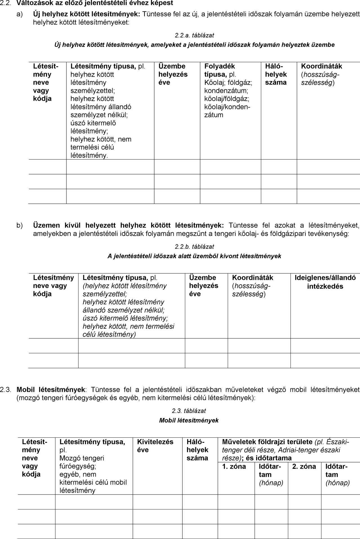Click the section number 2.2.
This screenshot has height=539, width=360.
[x=6, y=3]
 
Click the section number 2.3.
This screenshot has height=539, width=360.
[x=6, y=390]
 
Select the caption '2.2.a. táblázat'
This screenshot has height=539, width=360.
[x=194, y=35]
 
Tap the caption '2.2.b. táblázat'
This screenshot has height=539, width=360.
[x=194, y=247]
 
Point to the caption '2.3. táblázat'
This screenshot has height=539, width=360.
[x=189, y=411]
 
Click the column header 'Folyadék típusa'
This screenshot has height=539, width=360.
[x=220, y=70]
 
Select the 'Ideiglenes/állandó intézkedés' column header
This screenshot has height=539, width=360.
[x=325, y=282]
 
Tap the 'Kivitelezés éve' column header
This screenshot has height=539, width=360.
[x=155, y=446]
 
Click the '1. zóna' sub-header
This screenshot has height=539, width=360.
[x=234, y=466]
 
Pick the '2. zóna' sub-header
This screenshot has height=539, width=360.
[x=304, y=466]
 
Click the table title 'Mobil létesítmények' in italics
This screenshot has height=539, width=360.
[x=189, y=420]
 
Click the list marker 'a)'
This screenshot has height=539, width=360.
[x=20, y=14]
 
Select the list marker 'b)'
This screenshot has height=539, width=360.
[x=20, y=225]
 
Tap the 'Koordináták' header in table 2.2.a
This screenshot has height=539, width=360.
[x=321, y=66]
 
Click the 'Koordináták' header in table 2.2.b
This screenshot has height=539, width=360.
[x=252, y=278]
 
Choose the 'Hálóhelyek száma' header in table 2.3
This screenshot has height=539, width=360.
[x=197, y=450]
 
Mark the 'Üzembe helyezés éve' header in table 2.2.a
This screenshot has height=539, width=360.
[x=173, y=74]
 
